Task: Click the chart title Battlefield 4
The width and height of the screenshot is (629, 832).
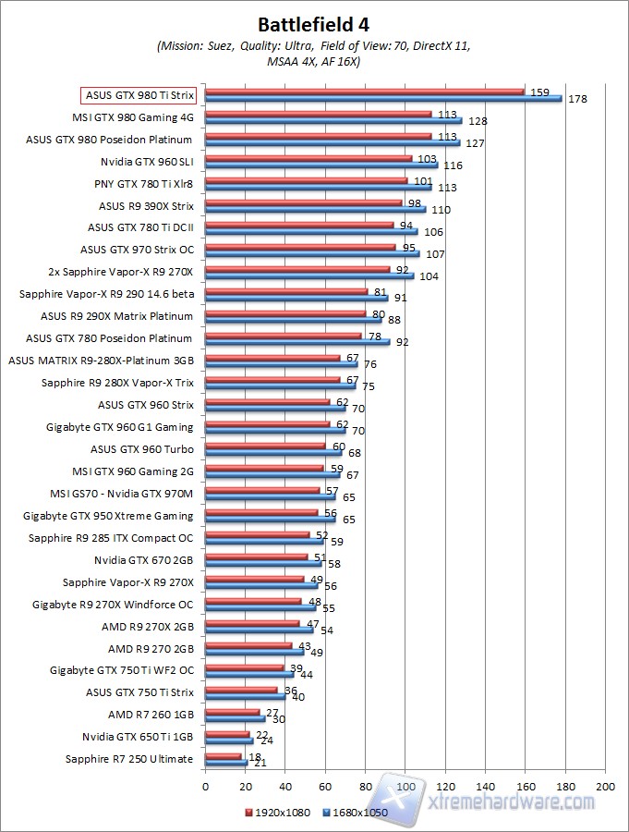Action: [314, 23]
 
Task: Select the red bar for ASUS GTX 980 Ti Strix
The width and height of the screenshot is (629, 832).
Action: [365, 92]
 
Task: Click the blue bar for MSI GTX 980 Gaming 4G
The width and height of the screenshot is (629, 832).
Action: [333, 120]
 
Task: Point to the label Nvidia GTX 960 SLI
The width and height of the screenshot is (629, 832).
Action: [144, 161]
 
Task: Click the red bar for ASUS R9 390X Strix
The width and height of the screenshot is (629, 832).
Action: [304, 202]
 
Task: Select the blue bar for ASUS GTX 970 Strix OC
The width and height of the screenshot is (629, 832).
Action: [312, 253]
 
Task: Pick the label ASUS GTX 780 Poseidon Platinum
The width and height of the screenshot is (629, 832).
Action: [110, 338]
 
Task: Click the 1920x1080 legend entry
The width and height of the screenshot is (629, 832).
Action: [278, 812]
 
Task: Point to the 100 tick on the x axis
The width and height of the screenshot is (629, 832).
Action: [405, 786]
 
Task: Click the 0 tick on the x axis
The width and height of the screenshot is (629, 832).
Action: [206, 786]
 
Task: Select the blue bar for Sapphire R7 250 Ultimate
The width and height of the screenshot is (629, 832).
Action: [226, 763]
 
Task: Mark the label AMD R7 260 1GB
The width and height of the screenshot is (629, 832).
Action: [151, 715]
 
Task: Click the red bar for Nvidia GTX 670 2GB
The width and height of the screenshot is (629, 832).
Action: [257, 557]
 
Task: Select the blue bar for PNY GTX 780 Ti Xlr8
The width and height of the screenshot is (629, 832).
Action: [319, 187]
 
